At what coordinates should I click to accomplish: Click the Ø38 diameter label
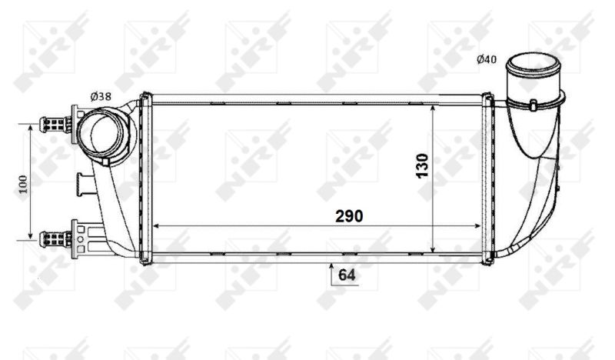pyautogui.click(x=101, y=96)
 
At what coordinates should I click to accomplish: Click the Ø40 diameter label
pyautogui.click(x=487, y=59)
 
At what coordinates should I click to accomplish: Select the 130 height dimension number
pyautogui.click(x=422, y=165)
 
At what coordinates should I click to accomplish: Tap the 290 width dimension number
pyautogui.click(x=349, y=216)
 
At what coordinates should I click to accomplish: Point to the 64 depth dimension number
pyautogui.click(x=347, y=275)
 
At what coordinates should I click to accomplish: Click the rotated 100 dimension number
pyautogui.click(x=23, y=184)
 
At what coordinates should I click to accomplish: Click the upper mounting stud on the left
pyautogui.click(x=55, y=125)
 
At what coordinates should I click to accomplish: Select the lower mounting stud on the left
pyautogui.click(x=55, y=238)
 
